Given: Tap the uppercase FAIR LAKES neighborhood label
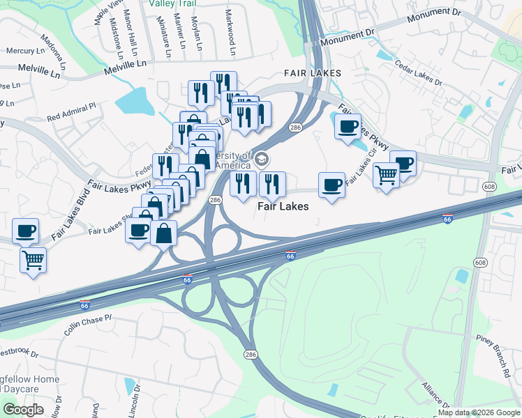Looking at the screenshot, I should click(312, 73).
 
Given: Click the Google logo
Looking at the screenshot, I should click(24, 409).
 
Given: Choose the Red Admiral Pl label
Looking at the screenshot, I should click(70, 111).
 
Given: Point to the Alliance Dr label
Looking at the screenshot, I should click(435, 395).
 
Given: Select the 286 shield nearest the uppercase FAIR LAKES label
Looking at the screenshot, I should click(295, 127).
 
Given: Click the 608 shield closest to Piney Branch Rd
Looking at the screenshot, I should click(479, 262).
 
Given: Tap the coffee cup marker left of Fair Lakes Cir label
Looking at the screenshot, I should click(331, 185).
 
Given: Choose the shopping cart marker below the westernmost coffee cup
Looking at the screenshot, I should click(33, 261).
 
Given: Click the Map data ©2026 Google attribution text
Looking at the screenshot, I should click(479, 412).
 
